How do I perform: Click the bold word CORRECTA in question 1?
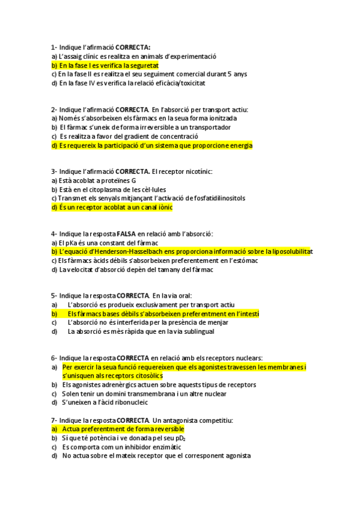[x=133, y=47]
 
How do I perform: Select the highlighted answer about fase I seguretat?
[x=105, y=65]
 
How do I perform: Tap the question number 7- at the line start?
[x=54, y=420]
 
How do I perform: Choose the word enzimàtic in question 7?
[x=163, y=447]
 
